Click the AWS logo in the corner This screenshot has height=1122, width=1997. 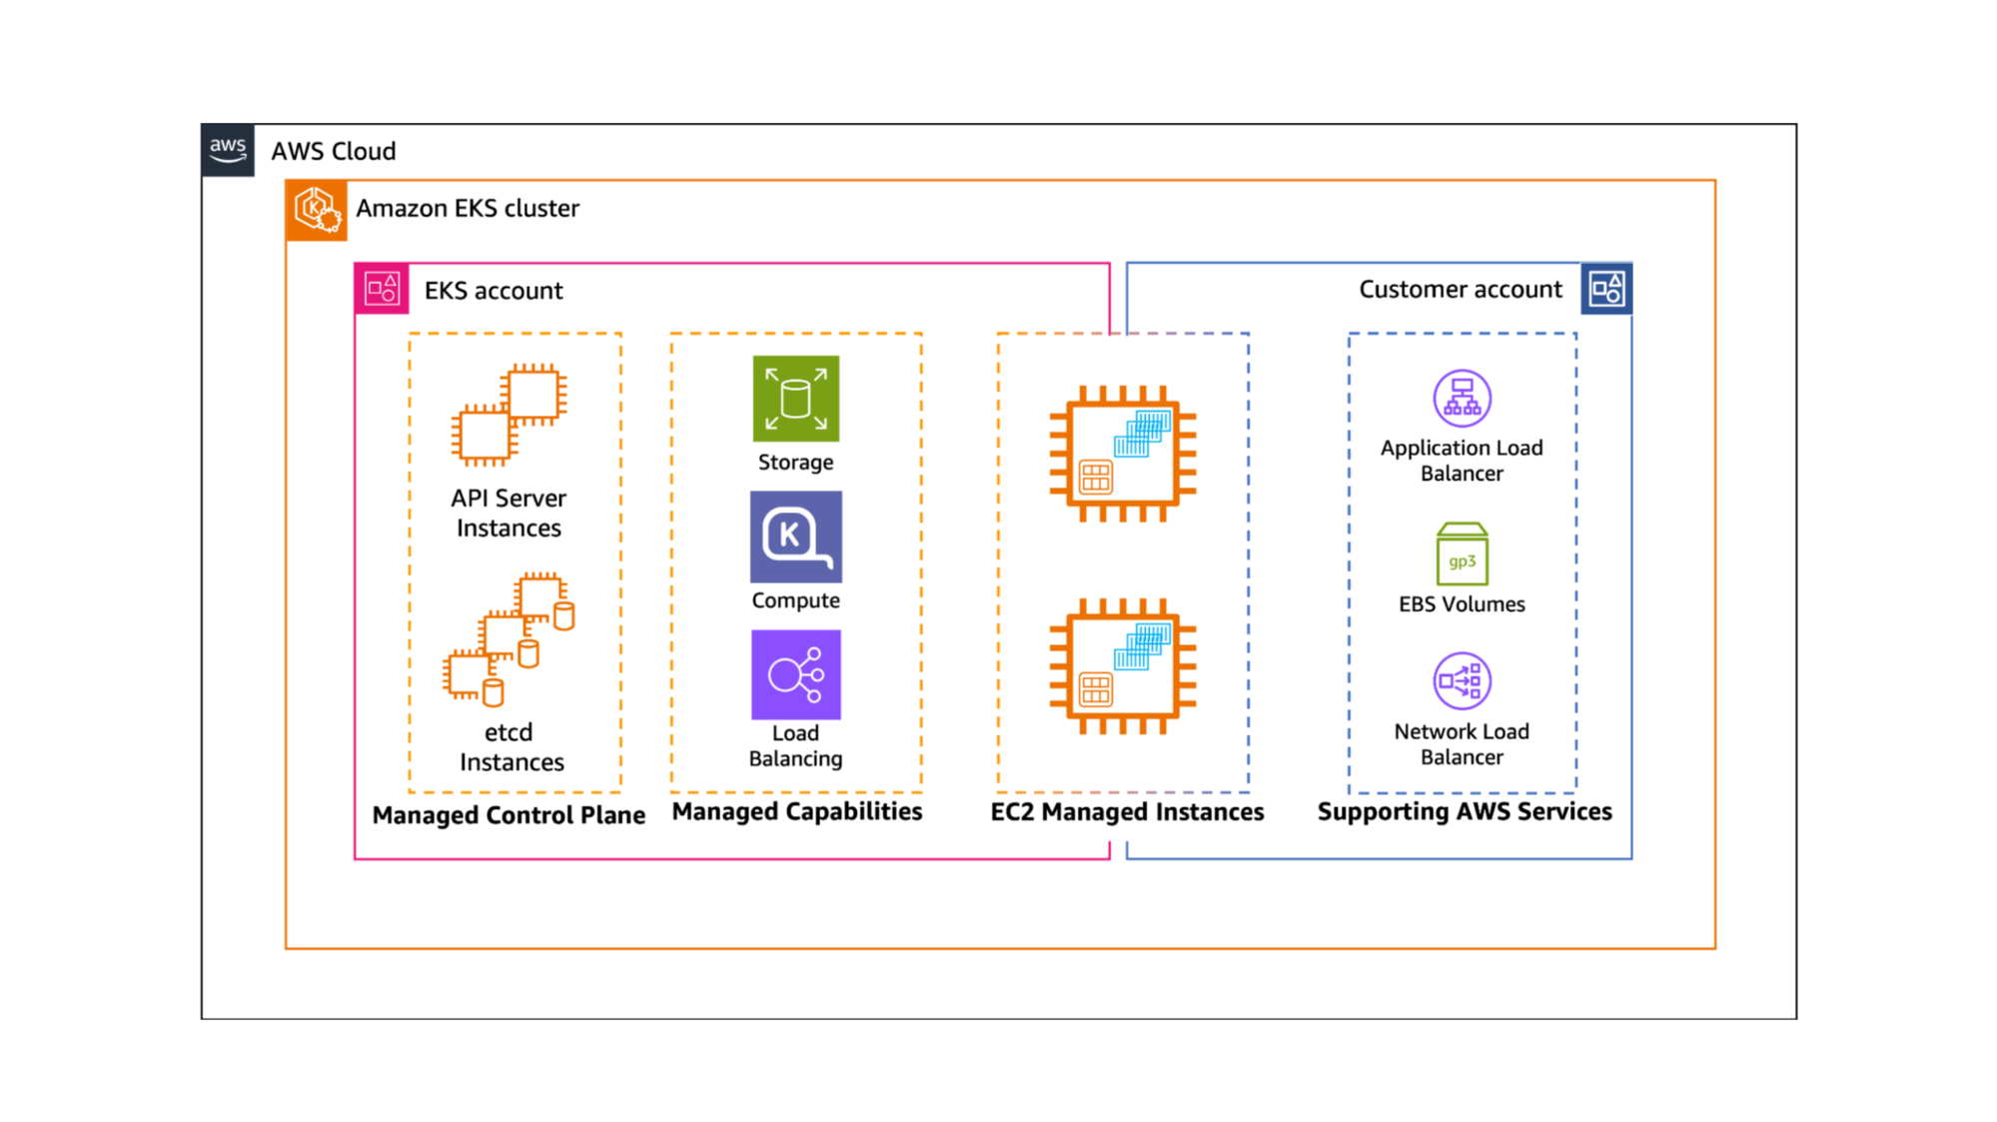[x=228, y=151]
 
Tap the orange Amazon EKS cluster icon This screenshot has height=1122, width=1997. [x=317, y=210]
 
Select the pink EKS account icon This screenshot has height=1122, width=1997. [x=382, y=290]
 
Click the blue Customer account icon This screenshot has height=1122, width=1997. [x=1606, y=290]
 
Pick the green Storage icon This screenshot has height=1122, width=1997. [x=795, y=399]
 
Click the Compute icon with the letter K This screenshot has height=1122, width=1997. [x=795, y=537]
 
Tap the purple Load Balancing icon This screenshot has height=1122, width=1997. [x=795, y=674]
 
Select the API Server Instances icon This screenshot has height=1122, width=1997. [x=509, y=415]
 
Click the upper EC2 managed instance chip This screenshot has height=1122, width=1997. [x=1122, y=454]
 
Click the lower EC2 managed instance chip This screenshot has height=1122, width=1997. [x=1122, y=666]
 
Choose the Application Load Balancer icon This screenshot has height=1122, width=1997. [x=1462, y=399]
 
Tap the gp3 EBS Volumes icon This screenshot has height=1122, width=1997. [x=1462, y=555]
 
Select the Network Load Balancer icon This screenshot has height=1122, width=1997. [x=1462, y=681]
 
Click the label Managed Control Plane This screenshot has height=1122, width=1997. [x=508, y=815]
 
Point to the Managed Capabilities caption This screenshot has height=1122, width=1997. [x=796, y=811]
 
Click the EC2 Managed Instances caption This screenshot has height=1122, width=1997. [x=1127, y=812]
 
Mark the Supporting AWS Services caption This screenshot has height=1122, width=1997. [x=1465, y=811]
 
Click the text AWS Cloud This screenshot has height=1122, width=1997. [x=334, y=151]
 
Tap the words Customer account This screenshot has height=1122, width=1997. [x=1460, y=290]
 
